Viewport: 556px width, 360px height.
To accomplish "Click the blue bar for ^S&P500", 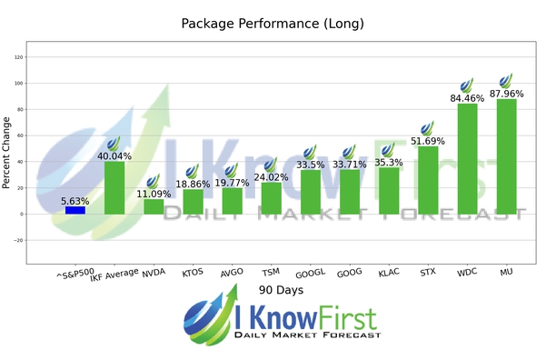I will click(x=75, y=210).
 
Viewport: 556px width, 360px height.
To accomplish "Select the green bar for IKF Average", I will click(x=114, y=188).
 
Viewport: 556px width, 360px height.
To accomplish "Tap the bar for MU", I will click(x=506, y=156).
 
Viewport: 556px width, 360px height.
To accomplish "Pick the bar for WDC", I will click(x=467, y=159).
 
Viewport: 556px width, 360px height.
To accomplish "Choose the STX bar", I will click(x=428, y=180).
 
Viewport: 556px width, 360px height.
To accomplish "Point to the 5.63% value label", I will click(x=75, y=201).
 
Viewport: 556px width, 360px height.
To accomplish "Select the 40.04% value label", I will click(x=114, y=156).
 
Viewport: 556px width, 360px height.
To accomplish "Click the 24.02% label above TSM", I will click(x=271, y=177).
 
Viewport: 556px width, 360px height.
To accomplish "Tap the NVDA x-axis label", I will click(x=154, y=271).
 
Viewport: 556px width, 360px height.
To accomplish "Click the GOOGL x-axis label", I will click(x=309, y=272).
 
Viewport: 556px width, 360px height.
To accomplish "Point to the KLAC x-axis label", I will click(x=388, y=271).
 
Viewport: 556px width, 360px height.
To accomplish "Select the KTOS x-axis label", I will click(x=192, y=271).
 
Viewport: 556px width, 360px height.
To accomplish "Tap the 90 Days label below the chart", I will click(x=279, y=290).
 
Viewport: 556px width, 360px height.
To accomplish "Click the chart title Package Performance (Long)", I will click(x=279, y=24).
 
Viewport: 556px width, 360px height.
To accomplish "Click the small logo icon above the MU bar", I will click(x=506, y=80).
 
